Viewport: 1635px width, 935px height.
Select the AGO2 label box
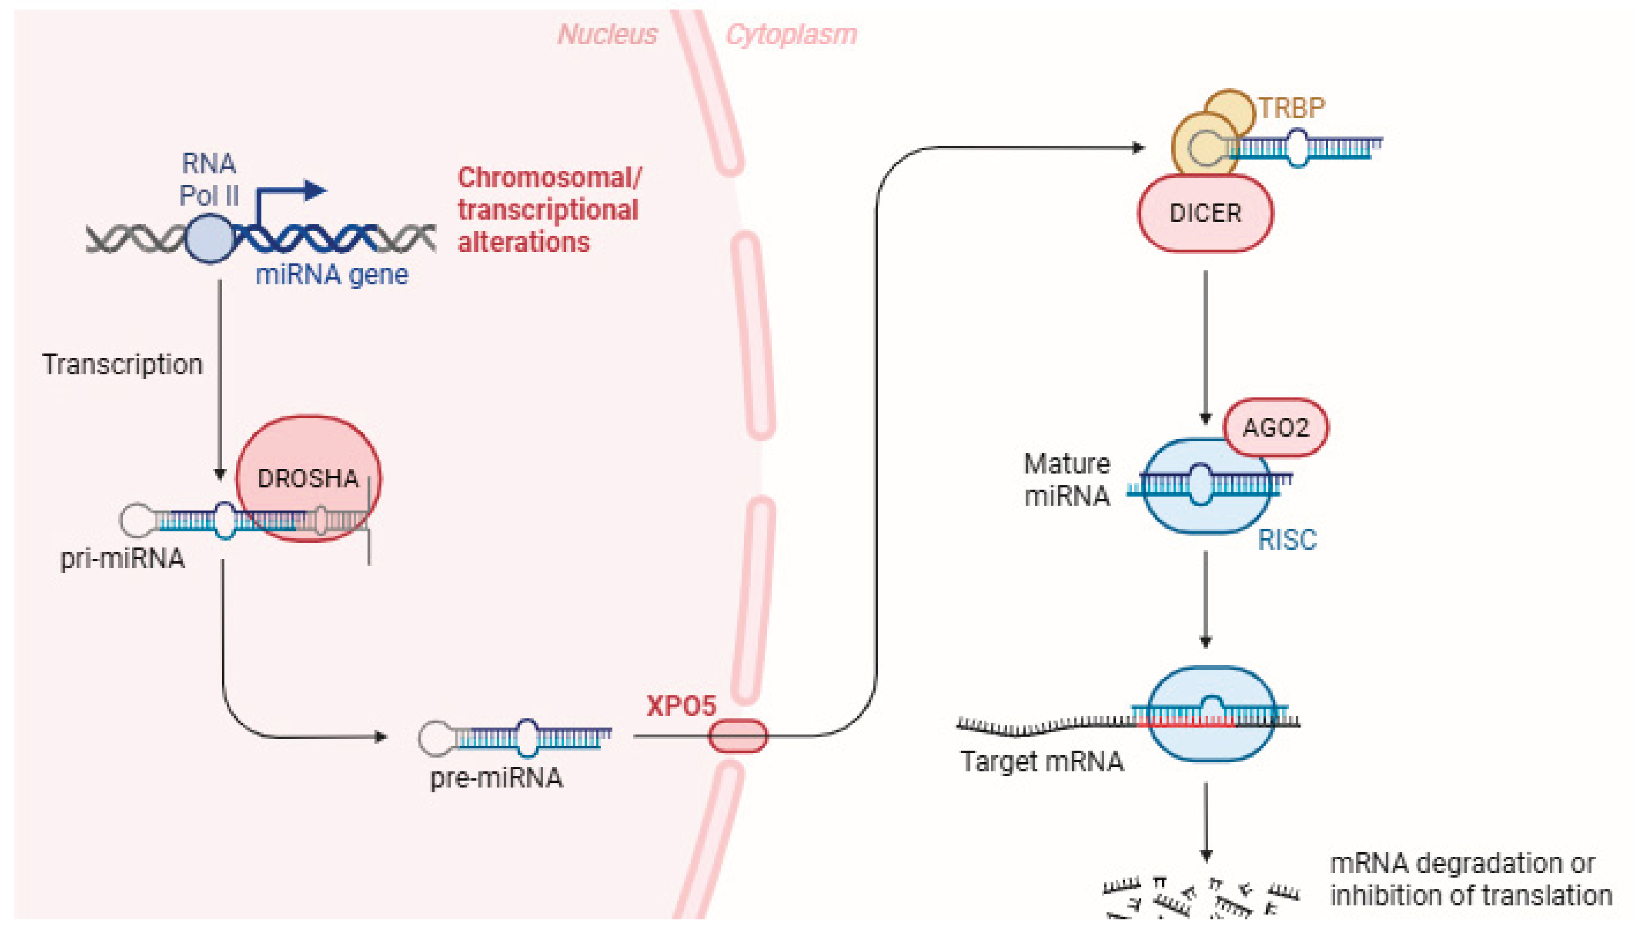coord(1275,428)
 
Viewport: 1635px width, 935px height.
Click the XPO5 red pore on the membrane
coord(738,736)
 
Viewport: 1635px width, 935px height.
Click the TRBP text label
coord(1291,108)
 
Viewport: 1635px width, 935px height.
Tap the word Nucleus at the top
coord(607,34)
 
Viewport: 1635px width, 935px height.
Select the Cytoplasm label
coord(791,34)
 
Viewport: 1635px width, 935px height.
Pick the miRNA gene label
coord(332,275)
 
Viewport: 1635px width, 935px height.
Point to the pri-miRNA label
coord(122,559)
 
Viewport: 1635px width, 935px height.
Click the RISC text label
coord(1287,540)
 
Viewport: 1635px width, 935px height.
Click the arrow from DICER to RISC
coord(1205,347)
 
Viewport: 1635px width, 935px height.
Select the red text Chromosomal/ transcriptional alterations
coord(548,210)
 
